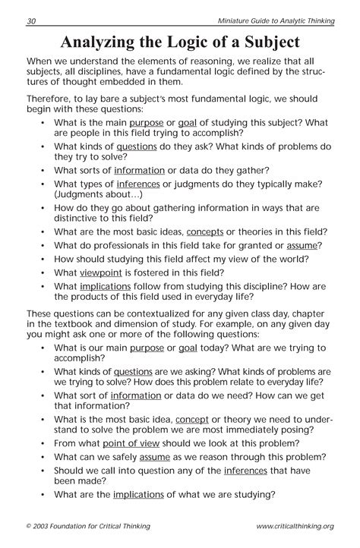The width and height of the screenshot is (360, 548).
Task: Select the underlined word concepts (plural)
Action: point(204,231)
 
